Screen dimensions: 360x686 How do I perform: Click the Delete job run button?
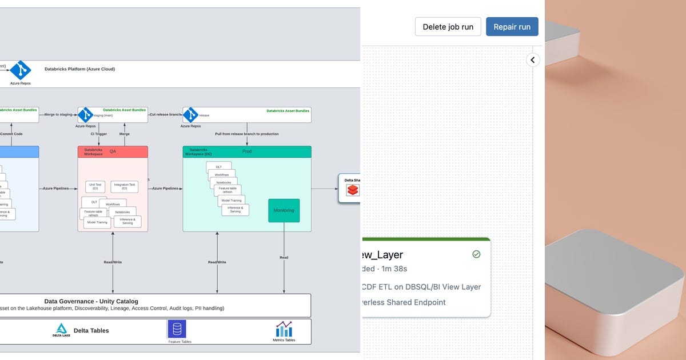pyautogui.click(x=448, y=27)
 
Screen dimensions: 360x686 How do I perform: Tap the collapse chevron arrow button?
pyautogui.click(x=533, y=59)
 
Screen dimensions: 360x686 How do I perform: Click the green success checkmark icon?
pyautogui.click(x=476, y=254)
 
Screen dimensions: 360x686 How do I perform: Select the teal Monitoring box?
pyautogui.click(x=284, y=210)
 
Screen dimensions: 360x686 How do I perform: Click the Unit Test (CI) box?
pyautogui.click(x=95, y=186)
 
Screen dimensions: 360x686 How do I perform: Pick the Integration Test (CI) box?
pyautogui.click(x=124, y=186)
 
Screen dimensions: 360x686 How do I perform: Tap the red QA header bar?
pyautogui.click(x=113, y=151)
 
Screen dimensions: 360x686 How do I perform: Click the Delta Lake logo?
pyautogui.click(x=61, y=330)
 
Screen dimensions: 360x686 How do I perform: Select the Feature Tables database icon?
pyautogui.click(x=177, y=329)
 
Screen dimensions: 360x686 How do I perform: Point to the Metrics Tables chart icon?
pyautogui.click(x=284, y=329)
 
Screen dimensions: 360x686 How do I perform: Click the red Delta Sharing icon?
pyautogui.click(x=352, y=190)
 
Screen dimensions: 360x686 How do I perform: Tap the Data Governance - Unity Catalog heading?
pyautogui.click(x=91, y=301)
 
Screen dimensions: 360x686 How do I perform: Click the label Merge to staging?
pyautogui.click(x=58, y=114)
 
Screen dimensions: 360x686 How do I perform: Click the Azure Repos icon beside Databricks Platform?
pyautogui.click(x=21, y=70)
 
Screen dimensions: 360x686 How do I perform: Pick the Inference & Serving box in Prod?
pyautogui.click(x=235, y=210)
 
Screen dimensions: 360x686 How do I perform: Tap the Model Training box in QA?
pyautogui.click(x=97, y=222)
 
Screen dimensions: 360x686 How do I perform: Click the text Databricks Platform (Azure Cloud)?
pyautogui.click(x=79, y=69)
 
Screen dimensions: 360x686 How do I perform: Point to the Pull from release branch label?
pyautogui.click(x=246, y=134)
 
